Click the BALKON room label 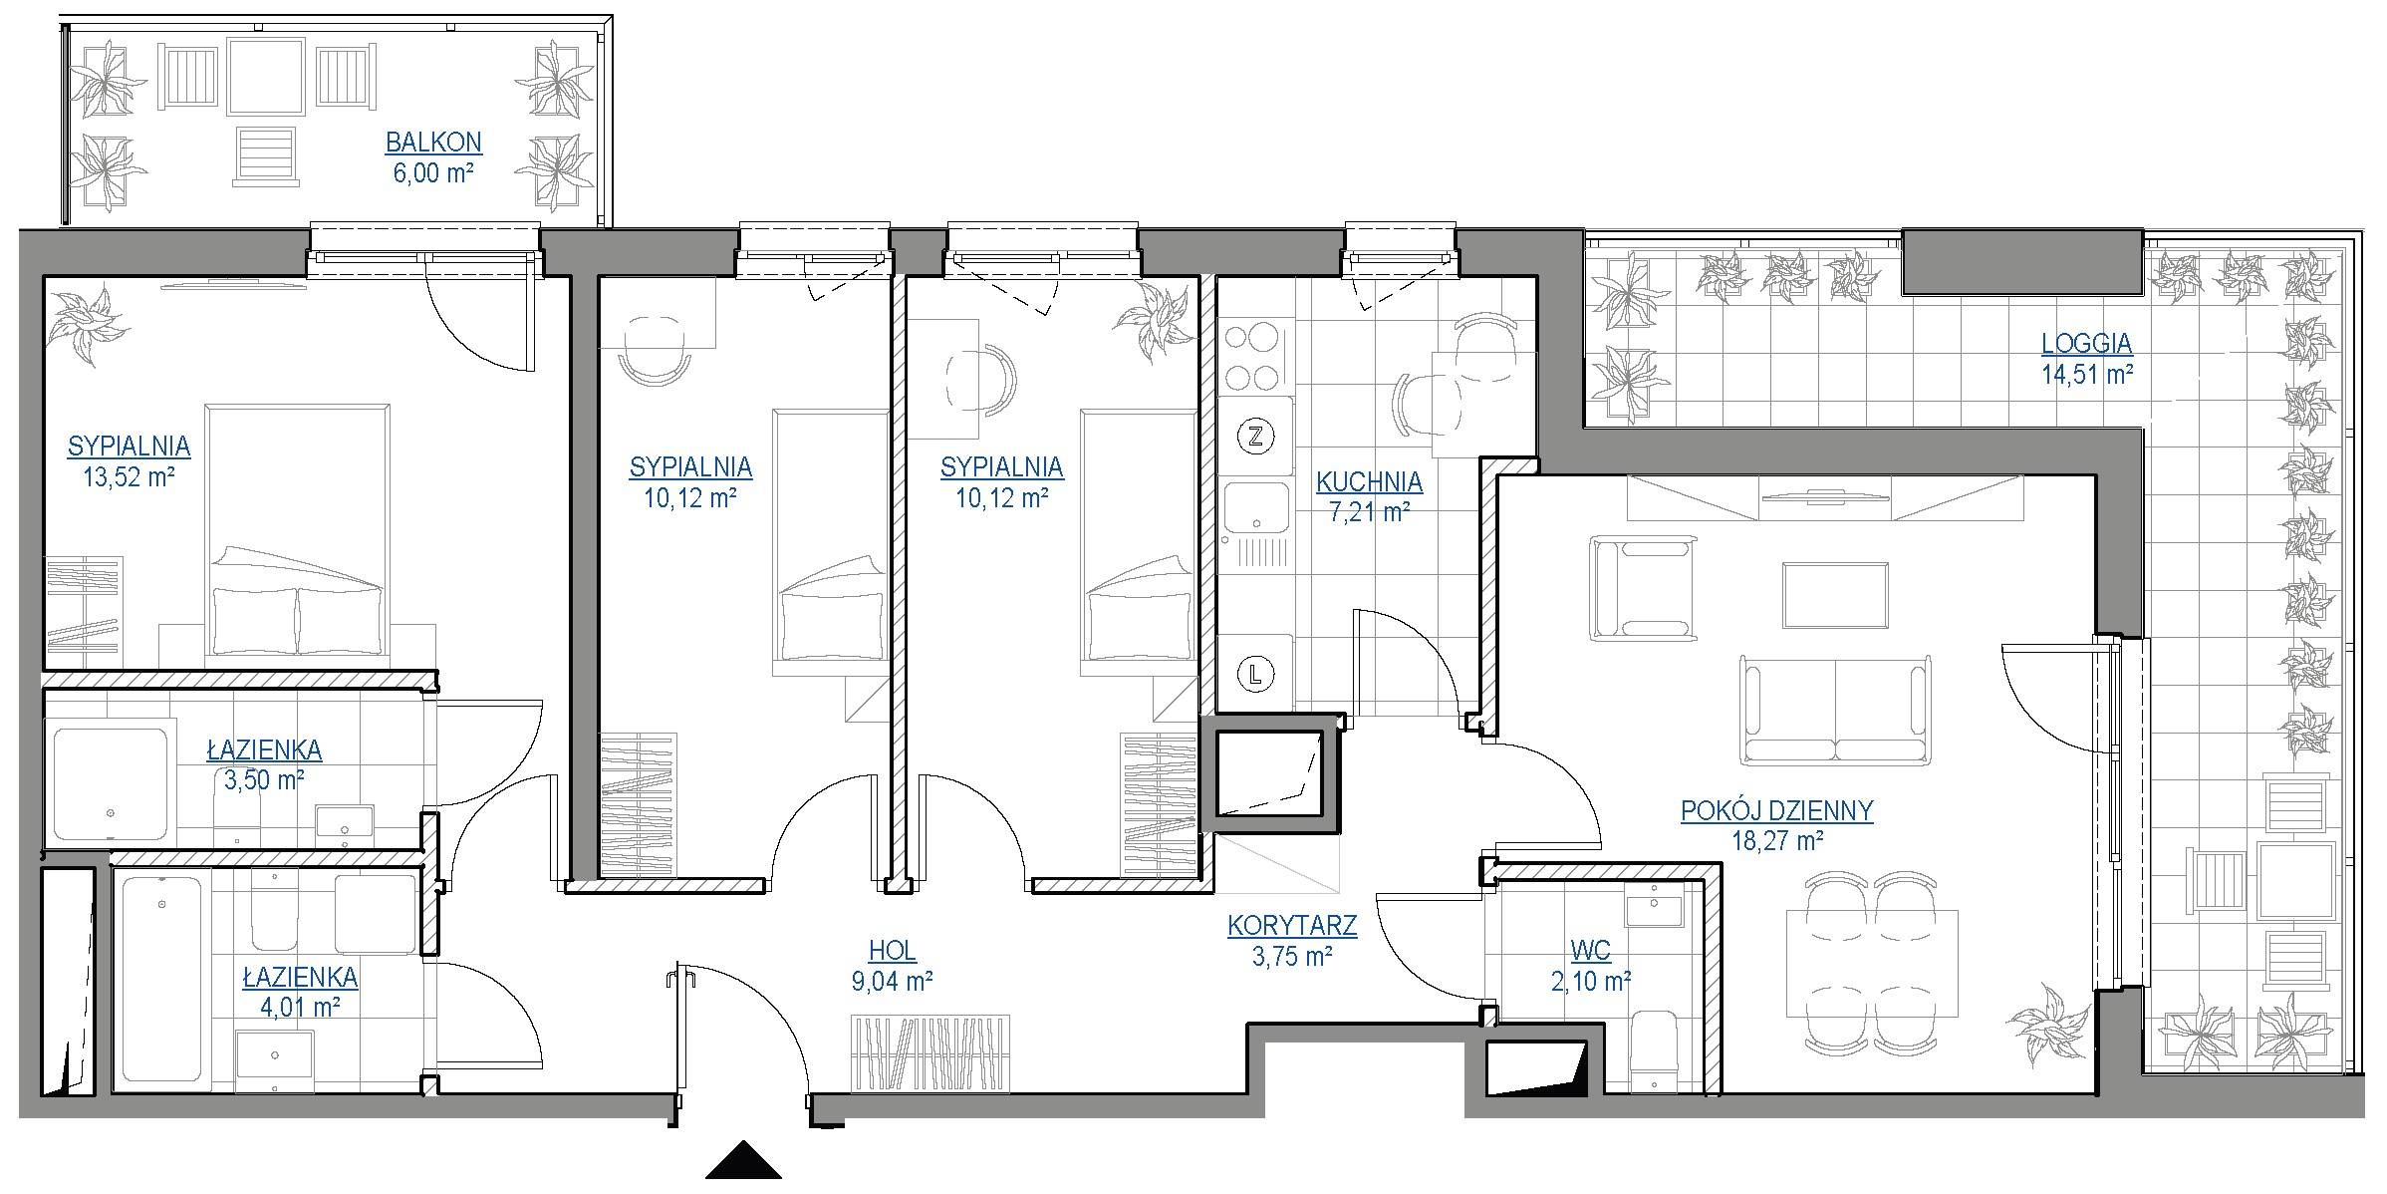tap(433, 143)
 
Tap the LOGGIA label tap(2087, 344)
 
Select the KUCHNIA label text tap(1369, 482)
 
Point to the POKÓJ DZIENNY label tap(1777, 810)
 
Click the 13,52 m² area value tap(129, 476)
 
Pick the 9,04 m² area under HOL tap(892, 982)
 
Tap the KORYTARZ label tap(1292, 926)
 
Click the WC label tap(1590, 952)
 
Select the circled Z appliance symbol tap(1255, 436)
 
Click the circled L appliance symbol tap(1255, 675)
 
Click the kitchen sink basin tap(1255, 508)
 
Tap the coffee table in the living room tap(1835, 595)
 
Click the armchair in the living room tap(1642, 587)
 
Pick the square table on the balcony tap(264, 78)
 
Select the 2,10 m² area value tap(1591, 982)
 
